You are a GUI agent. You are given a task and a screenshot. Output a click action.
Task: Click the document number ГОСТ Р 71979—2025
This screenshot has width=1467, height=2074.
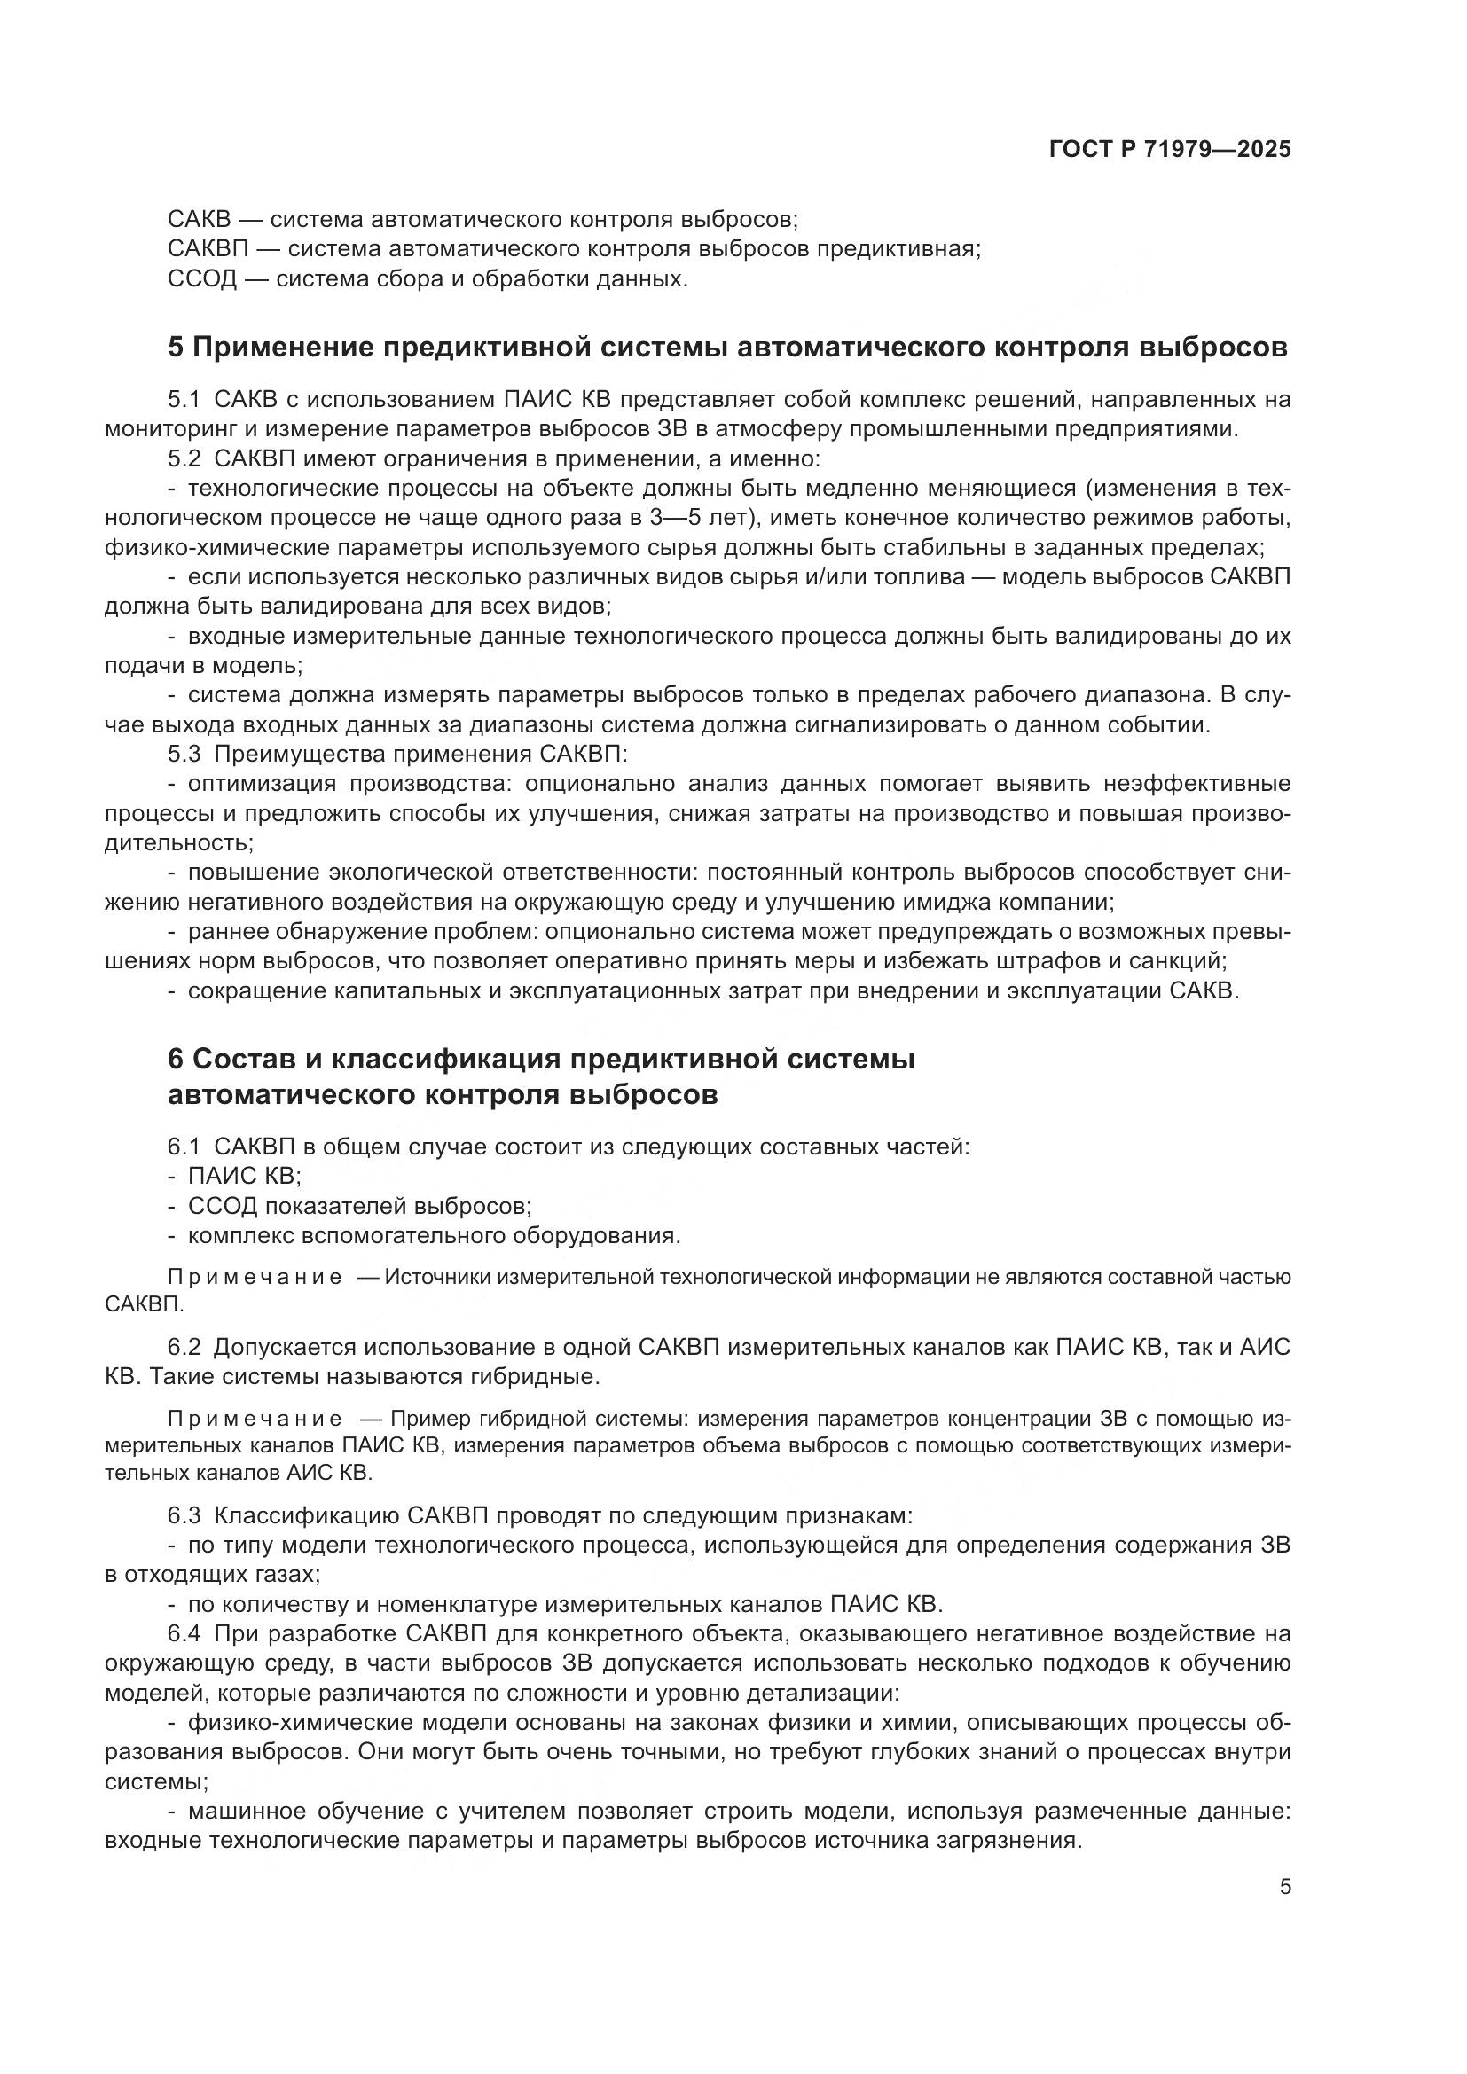(1170, 150)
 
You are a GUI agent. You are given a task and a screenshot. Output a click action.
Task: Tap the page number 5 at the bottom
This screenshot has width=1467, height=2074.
(1284, 1886)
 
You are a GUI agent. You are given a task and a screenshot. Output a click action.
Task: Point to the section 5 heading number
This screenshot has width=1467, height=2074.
(176, 348)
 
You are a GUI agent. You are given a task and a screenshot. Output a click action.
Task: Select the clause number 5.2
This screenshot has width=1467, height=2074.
(184, 460)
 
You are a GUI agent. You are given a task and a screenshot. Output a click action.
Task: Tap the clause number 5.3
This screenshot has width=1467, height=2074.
(184, 754)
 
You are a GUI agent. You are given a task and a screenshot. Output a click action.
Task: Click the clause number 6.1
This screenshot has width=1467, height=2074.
(184, 1147)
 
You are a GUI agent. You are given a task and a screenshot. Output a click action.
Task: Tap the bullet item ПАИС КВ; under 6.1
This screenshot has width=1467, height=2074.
(244, 1176)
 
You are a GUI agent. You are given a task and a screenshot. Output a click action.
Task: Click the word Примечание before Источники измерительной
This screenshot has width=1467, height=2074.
(255, 1277)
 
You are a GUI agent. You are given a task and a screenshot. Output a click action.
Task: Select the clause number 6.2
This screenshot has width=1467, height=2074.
(184, 1348)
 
